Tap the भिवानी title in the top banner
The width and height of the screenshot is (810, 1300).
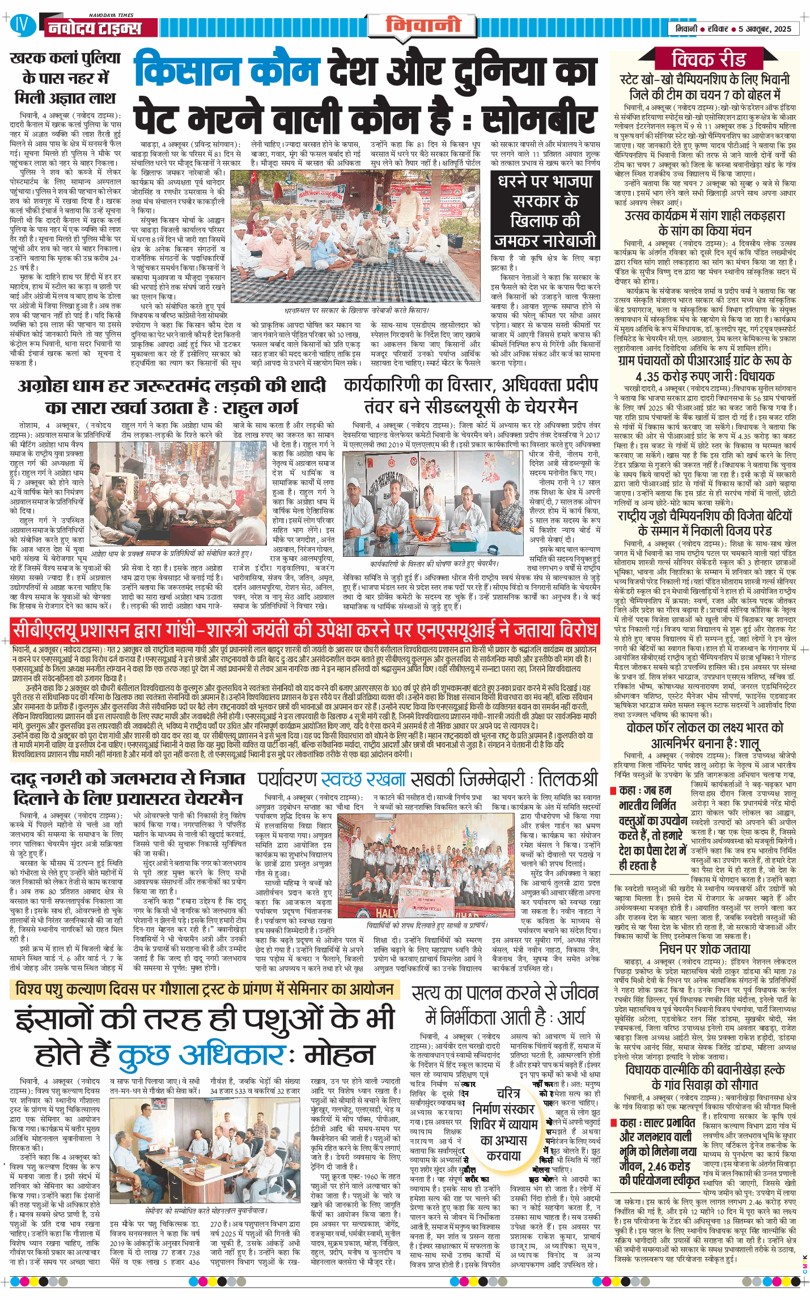(423, 25)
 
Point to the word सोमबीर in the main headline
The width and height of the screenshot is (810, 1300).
(539, 116)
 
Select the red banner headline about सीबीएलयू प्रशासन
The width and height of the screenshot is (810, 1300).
(305, 630)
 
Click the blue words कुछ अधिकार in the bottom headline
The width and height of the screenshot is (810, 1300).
(201, 1055)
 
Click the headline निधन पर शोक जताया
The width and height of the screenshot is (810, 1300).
(705, 949)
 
